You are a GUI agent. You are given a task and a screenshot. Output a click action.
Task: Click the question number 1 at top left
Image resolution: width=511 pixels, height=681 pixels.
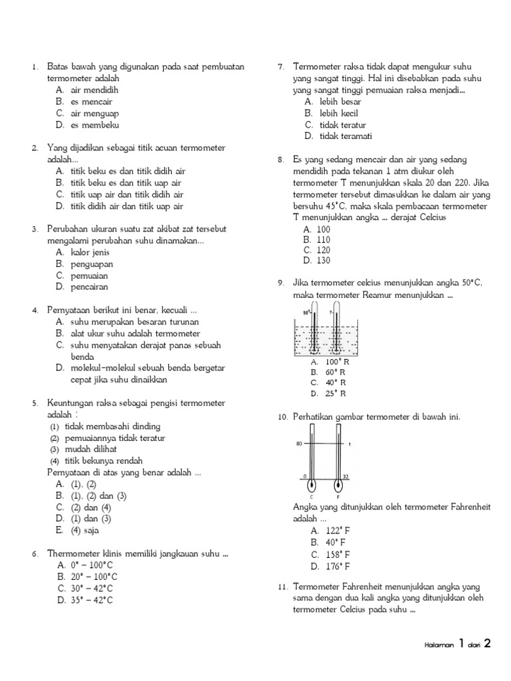33,67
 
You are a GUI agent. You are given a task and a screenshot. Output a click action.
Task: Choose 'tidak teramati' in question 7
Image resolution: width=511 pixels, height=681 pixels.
345,136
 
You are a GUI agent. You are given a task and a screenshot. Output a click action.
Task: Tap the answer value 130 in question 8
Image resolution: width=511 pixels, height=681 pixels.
323,260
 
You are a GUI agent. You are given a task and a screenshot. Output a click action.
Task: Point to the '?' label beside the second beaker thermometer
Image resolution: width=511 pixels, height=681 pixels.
331,311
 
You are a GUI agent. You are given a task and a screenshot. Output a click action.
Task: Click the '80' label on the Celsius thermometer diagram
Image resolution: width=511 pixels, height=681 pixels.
299,443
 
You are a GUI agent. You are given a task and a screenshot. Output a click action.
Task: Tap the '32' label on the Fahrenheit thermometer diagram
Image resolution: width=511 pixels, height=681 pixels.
345,476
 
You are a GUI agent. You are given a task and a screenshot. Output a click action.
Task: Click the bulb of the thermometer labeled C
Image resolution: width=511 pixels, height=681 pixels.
312,483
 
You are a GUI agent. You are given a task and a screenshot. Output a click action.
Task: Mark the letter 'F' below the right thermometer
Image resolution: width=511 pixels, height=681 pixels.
339,496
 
